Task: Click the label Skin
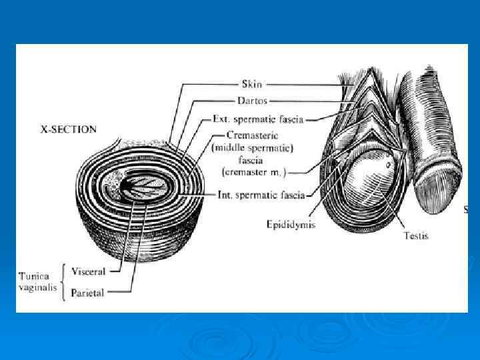tap(251, 85)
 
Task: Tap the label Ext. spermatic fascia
tap(257, 119)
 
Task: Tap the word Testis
tap(416, 235)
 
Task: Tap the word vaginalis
tap(37, 288)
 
